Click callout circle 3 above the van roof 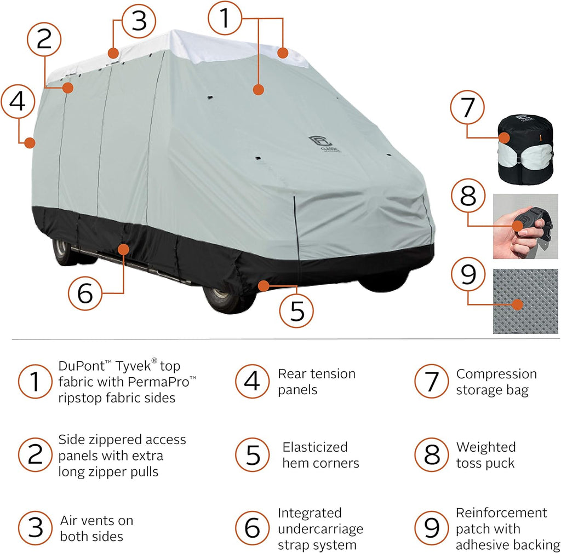click(139, 21)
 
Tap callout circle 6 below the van click(85, 293)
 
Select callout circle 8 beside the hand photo click(468, 195)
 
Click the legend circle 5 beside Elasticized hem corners click(253, 454)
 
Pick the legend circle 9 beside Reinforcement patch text click(432, 528)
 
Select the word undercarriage click(320, 529)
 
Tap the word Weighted click(486, 447)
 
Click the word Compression click(496, 374)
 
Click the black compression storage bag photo click(525, 149)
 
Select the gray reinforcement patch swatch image click(525, 301)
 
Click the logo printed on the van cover click(324, 143)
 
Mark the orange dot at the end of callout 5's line click(264, 286)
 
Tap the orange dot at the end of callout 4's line click(30, 143)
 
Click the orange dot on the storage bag click(505, 138)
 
